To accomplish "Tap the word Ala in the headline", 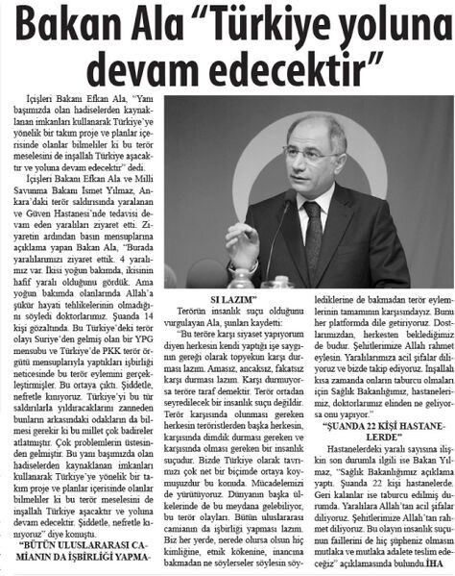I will tap(152, 26).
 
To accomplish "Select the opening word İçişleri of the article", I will tap(43, 98).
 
